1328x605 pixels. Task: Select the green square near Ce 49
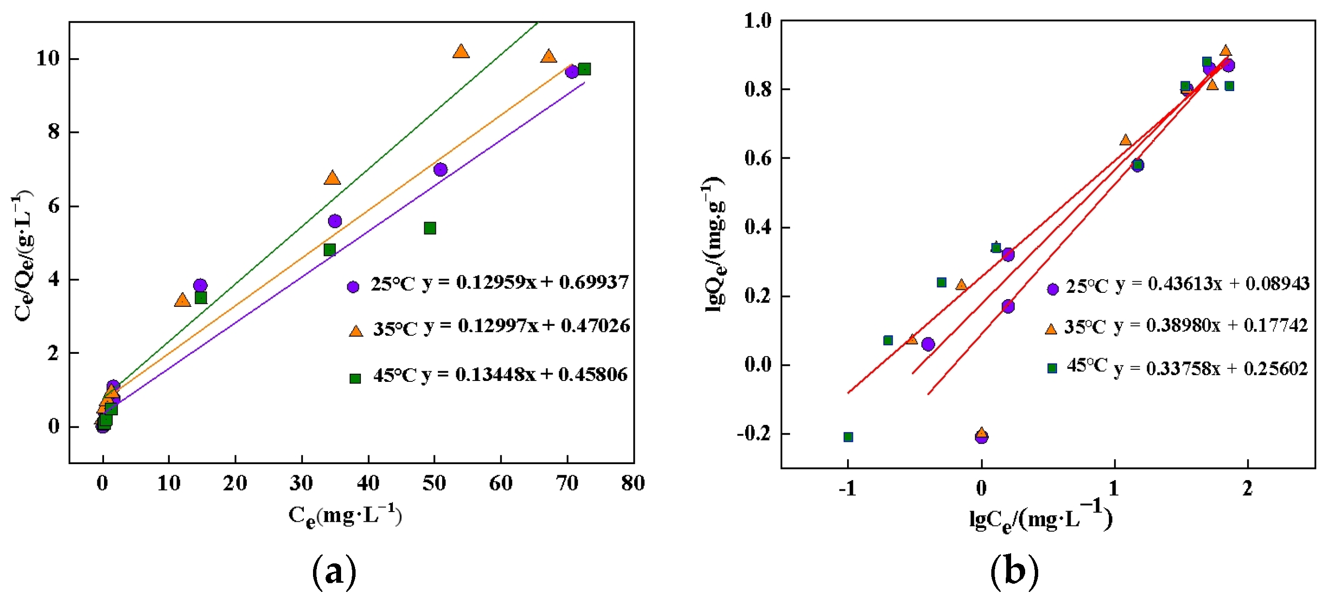tap(430, 228)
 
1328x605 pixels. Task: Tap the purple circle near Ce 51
tap(440, 170)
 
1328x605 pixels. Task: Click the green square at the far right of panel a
tap(584, 69)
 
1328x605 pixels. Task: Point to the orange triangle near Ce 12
tap(182, 300)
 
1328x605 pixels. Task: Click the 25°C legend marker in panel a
tap(353, 287)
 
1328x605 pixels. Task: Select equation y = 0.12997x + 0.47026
tap(527, 326)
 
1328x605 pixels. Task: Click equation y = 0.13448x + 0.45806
tap(524, 375)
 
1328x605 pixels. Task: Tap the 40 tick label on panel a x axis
tap(368, 484)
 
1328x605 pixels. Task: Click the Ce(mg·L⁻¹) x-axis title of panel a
tap(345, 516)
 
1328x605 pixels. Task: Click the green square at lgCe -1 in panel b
tap(848, 438)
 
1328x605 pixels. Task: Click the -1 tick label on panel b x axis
tap(848, 488)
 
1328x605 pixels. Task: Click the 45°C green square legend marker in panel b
tap(1052, 368)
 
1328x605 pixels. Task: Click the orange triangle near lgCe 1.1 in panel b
tap(1125, 140)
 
